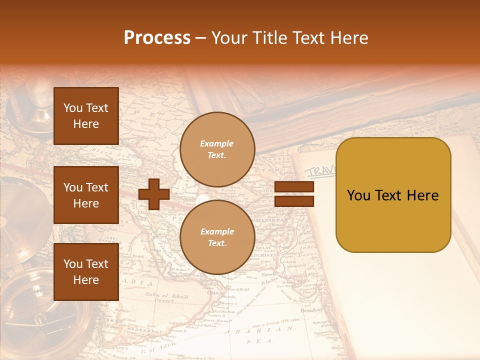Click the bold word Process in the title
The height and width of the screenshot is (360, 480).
(x=157, y=38)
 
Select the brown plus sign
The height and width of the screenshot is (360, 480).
(x=154, y=194)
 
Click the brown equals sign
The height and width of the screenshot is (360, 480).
(x=294, y=194)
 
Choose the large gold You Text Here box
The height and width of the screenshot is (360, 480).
(x=393, y=194)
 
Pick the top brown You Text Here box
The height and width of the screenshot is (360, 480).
(x=86, y=116)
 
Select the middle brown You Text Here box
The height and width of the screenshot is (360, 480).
(x=86, y=195)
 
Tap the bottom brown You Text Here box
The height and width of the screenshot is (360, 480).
(x=86, y=271)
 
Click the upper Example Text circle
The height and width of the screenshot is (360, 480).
(x=217, y=149)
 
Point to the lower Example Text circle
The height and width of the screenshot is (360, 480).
(x=217, y=237)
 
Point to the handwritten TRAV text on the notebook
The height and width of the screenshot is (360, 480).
(x=320, y=171)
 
